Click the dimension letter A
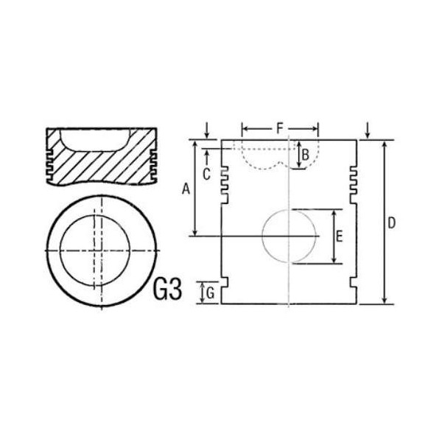pos(186,189)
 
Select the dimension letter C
pos(207,174)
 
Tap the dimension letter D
pos(392,222)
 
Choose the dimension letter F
pos(280,129)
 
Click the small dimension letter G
pos(210,293)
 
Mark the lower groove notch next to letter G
pos(225,284)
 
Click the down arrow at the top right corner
pos(366,130)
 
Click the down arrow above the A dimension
pos(206,130)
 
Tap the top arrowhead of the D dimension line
pos(385,143)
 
